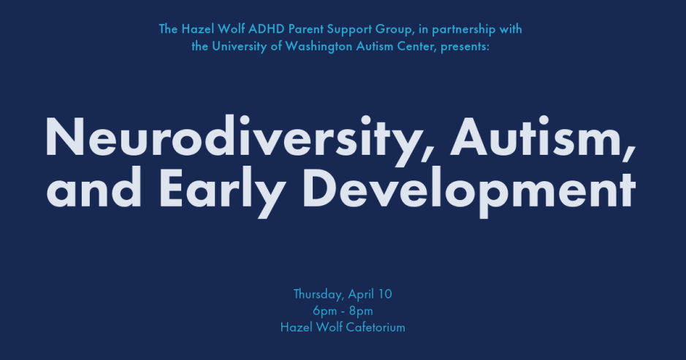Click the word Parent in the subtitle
point(301,30)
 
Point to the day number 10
point(386,294)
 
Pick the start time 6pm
point(324,310)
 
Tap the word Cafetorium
point(373,327)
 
